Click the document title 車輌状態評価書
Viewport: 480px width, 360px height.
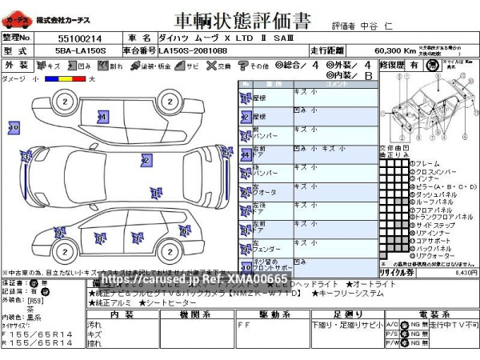(238, 19)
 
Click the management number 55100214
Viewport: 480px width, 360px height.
(80, 38)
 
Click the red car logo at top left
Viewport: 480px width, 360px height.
(18, 18)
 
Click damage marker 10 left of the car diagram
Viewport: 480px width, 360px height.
(14, 127)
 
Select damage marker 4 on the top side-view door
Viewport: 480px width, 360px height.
(102, 117)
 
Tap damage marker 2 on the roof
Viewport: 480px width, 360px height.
(146, 161)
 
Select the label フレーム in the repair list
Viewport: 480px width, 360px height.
(428, 164)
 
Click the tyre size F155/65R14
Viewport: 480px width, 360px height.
(39, 333)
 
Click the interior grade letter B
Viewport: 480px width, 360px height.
(367, 76)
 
